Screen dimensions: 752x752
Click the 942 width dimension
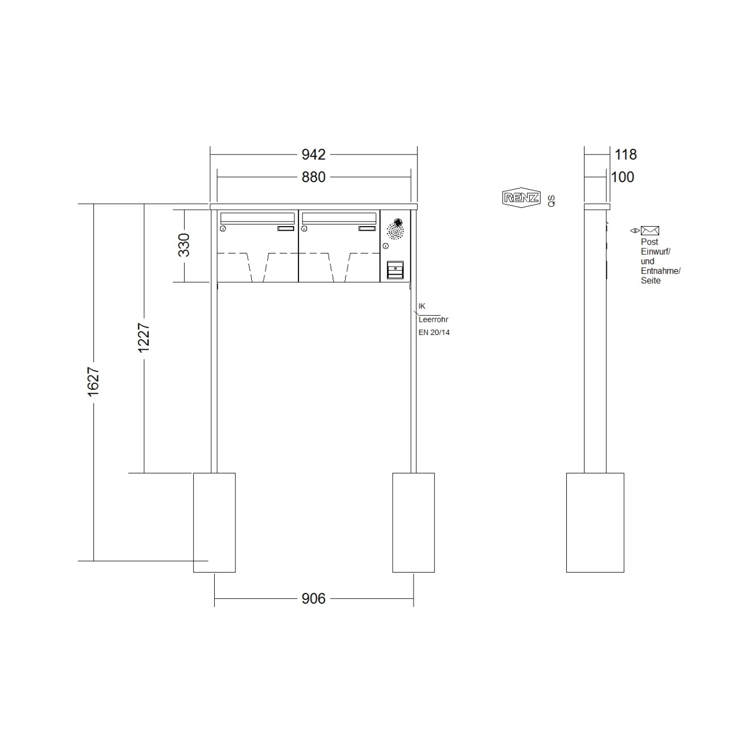313,154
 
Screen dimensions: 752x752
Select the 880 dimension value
313,177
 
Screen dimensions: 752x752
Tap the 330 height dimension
184,245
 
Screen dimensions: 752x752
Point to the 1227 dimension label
144,338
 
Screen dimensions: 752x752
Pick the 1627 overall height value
93,382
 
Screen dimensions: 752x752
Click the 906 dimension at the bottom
313,599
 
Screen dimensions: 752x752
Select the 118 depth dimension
626,154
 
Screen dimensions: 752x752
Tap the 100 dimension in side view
623,177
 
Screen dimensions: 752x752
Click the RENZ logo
521,198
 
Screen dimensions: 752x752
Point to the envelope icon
650,231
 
